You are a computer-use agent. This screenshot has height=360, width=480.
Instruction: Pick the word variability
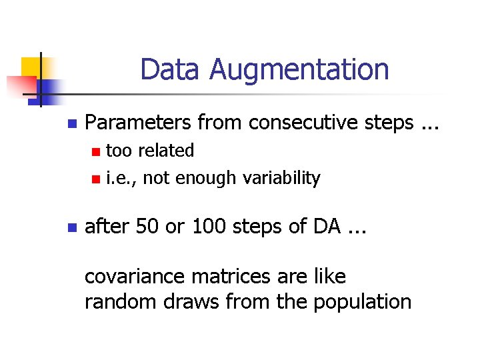281,178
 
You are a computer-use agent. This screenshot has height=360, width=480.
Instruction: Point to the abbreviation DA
324,227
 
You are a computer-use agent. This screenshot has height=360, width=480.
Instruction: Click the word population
360,302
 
